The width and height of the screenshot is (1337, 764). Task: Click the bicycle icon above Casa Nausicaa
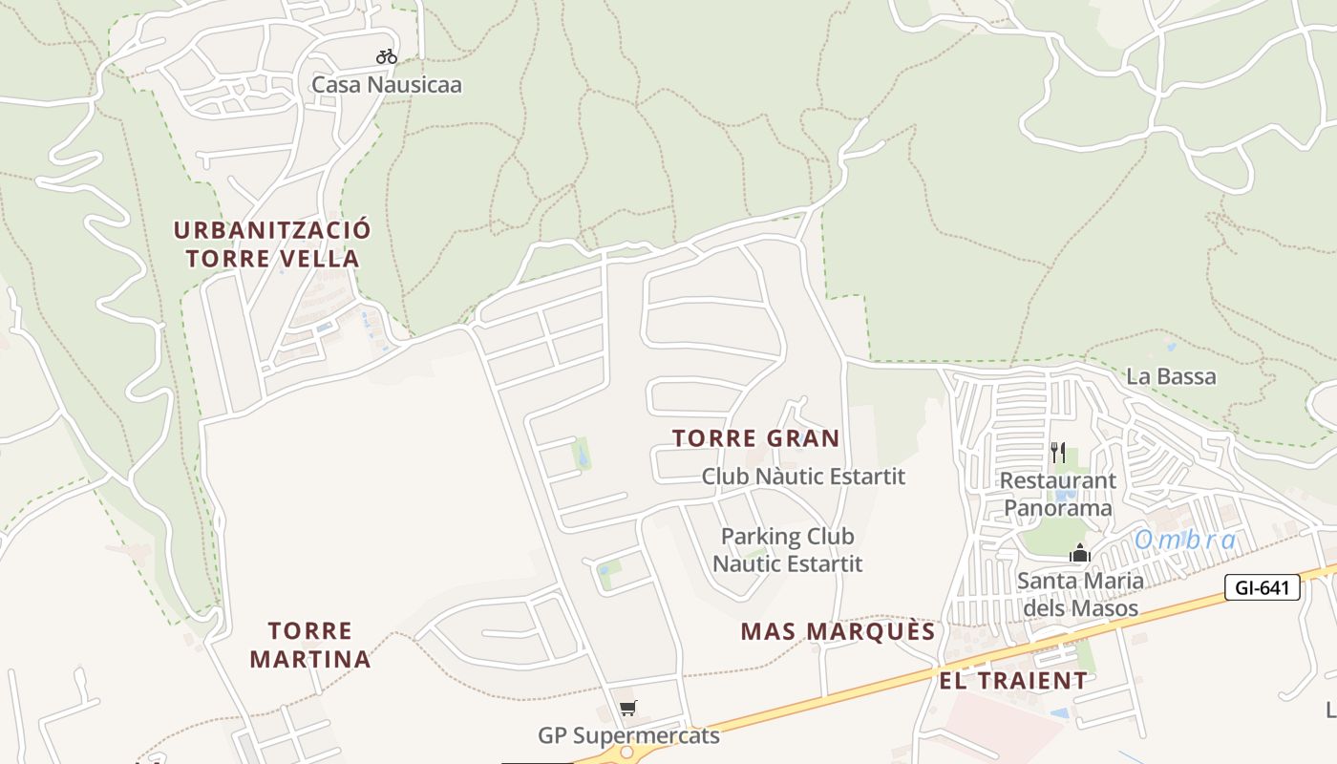click(386, 56)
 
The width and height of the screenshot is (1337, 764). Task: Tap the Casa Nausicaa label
click(387, 85)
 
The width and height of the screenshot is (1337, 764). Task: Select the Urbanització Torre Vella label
click(272, 244)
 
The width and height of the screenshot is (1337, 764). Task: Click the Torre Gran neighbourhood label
click(755, 438)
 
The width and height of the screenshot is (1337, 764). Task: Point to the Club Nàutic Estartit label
click(803, 476)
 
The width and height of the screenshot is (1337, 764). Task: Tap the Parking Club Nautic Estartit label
click(788, 550)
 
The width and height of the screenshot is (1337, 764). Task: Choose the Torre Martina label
click(310, 645)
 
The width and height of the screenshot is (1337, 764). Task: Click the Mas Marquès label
click(838, 631)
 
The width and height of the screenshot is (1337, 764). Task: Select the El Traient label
click(1013, 681)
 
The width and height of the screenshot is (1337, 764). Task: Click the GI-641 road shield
click(1263, 587)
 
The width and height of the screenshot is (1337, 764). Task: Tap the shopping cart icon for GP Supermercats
click(627, 708)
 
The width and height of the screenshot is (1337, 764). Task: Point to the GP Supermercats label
click(628, 736)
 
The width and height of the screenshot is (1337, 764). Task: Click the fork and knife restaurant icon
click(1058, 452)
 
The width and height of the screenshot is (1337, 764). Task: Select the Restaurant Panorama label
click(1058, 494)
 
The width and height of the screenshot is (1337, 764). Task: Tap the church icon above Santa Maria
click(1080, 553)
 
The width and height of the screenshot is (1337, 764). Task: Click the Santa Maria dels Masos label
click(1080, 594)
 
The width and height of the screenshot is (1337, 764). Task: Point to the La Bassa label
click(1171, 376)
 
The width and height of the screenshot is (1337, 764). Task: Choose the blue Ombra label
click(1185, 541)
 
